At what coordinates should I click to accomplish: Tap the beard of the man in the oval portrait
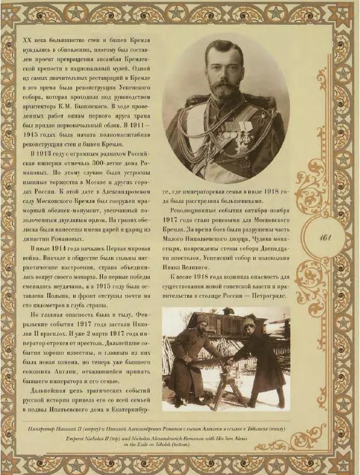(x=226, y=90)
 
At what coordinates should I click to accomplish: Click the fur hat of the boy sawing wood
(x=248, y=324)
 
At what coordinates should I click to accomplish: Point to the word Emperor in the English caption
(x=129, y=438)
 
